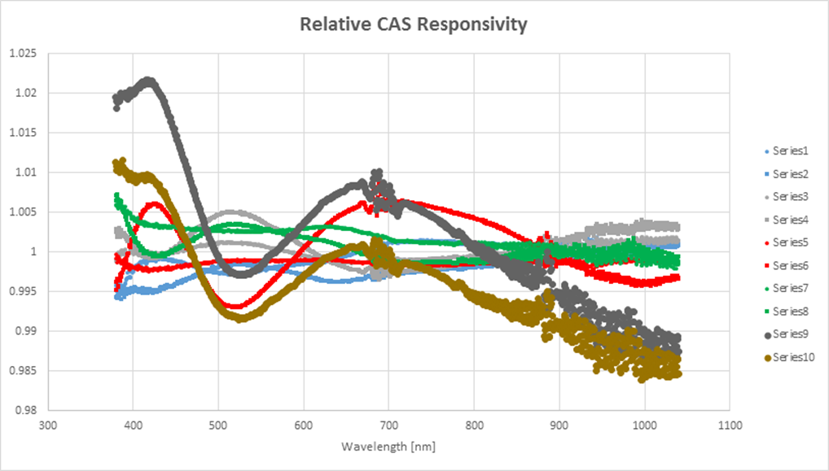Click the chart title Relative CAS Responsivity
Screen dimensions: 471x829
pos(413,24)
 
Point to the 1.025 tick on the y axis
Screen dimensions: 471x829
pos(23,54)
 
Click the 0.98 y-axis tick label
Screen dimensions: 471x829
pos(25,411)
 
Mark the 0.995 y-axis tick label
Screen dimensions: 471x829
pos(23,291)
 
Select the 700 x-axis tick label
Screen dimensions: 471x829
pos(388,425)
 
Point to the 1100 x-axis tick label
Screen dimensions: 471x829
pos(729,425)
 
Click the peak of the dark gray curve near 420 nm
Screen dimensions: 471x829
pos(149,81)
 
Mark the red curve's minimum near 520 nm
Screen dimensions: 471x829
pos(236,307)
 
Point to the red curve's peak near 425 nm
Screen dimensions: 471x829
pos(155,204)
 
